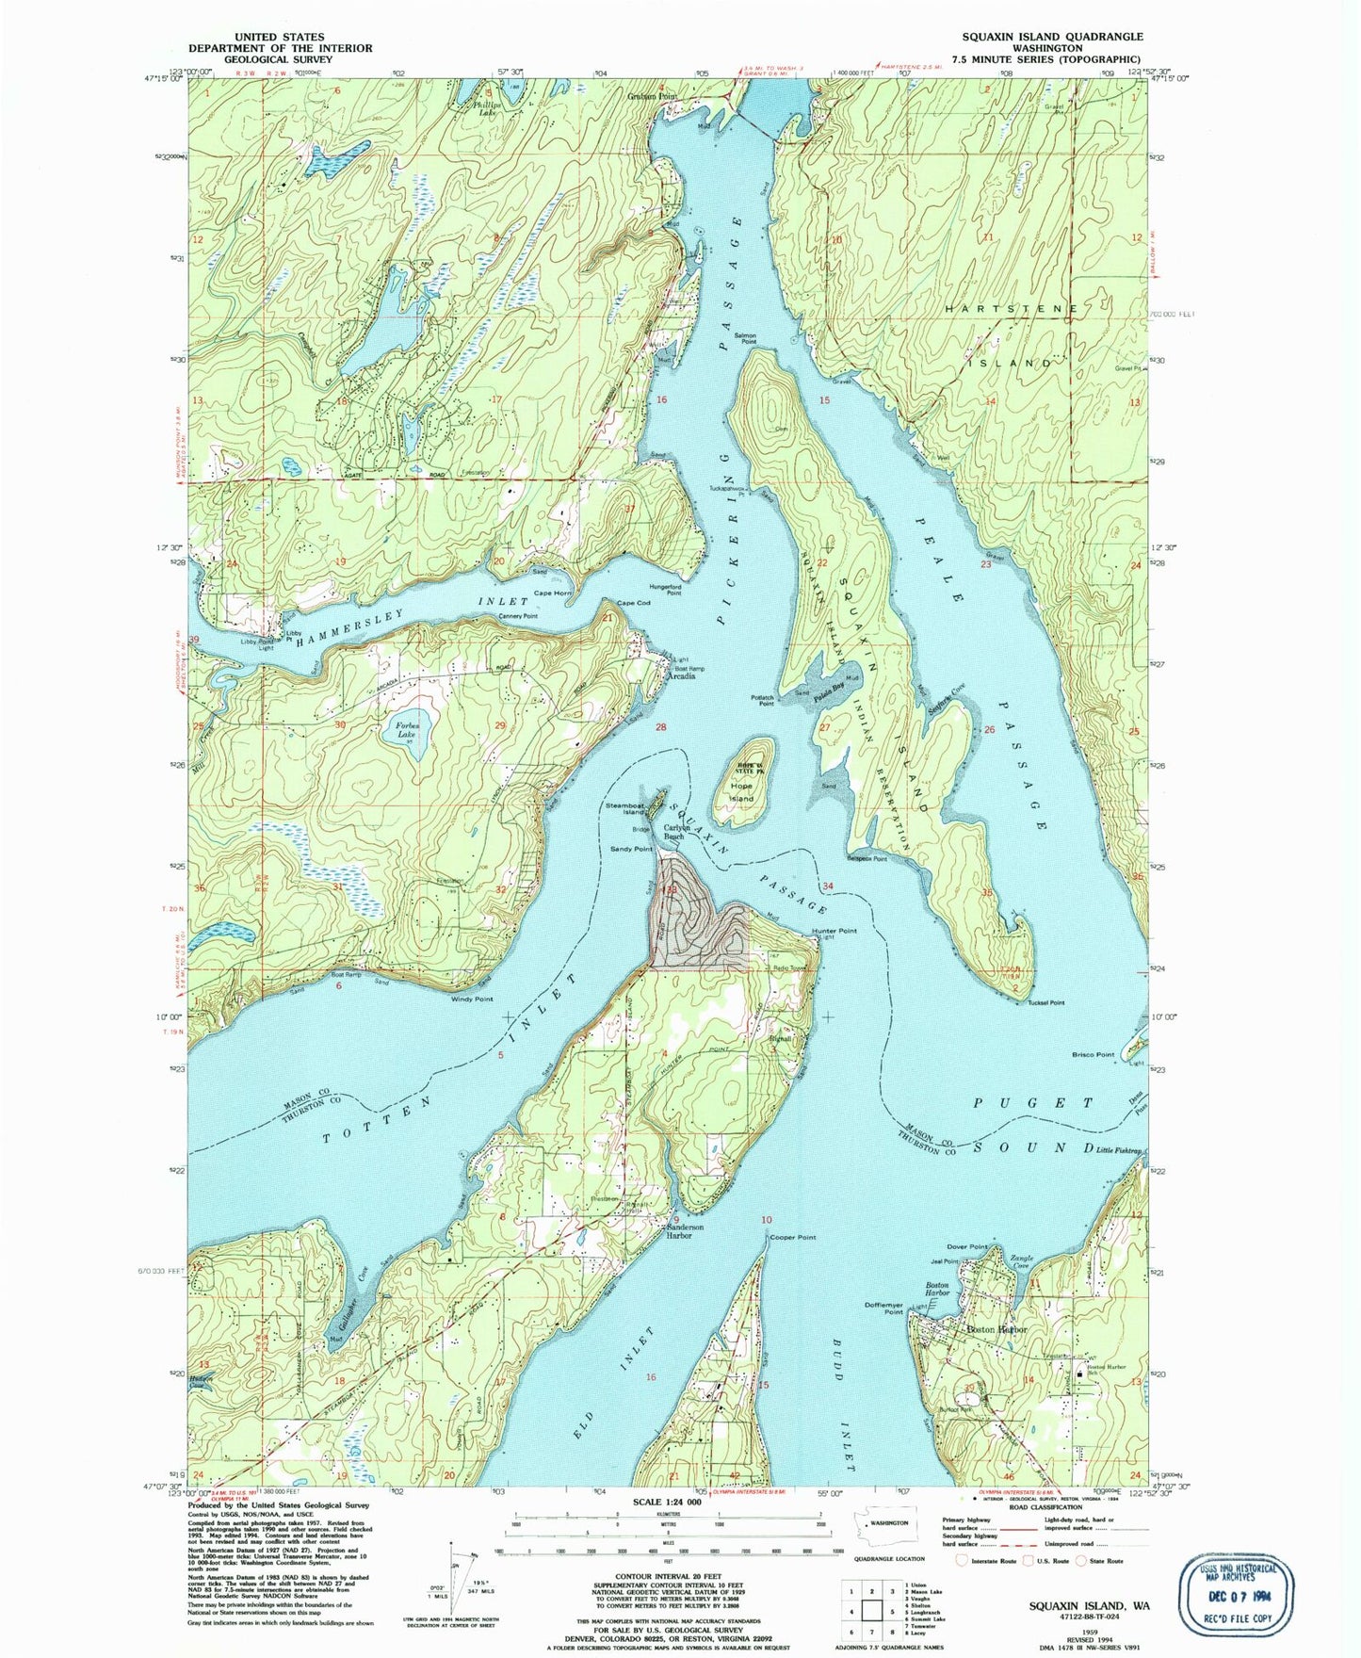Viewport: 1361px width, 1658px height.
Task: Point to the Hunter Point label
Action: coord(834,931)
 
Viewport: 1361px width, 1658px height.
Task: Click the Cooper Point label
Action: coord(792,1237)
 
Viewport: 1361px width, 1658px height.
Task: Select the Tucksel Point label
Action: coord(1045,1002)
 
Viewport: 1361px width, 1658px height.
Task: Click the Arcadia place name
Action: coord(681,676)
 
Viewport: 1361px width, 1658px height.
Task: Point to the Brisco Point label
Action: coord(1093,1054)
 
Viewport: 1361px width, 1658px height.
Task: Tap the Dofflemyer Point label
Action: coord(884,1309)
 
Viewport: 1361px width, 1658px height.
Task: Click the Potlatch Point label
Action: coord(762,700)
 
